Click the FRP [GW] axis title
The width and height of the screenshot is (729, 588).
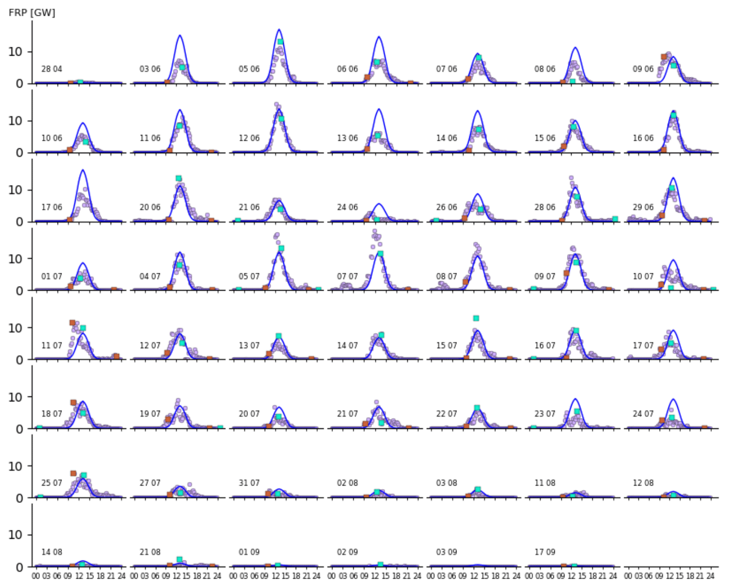coord(32,13)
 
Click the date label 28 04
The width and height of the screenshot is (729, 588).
coord(52,69)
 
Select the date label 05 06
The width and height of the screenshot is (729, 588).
coord(249,69)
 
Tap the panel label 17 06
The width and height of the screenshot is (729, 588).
coord(52,207)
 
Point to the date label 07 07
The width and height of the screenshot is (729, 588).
coord(347,276)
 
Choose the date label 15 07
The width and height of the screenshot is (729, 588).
coord(446,345)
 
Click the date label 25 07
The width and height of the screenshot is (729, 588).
coord(52,483)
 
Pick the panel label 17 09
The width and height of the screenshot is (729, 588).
coord(545,552)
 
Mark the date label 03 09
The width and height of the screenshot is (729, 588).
coord(446,552)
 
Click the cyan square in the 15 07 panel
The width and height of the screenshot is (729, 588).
coord(476,318)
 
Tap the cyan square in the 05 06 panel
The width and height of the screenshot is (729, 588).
coord(280,42)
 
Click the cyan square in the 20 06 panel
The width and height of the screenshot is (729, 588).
coord(179,179)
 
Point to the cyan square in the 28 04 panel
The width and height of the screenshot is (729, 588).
coord(80,82)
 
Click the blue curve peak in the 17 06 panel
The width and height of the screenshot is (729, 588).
coord(83,170)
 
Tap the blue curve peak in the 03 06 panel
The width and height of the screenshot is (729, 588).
coord(180,35)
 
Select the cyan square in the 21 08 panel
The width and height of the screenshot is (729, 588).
coord(180,559)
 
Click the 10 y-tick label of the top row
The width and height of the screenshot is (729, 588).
coord(15,52)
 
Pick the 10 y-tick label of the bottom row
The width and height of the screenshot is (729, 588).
coord(15,535)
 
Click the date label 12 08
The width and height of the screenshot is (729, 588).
coord(643,483)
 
